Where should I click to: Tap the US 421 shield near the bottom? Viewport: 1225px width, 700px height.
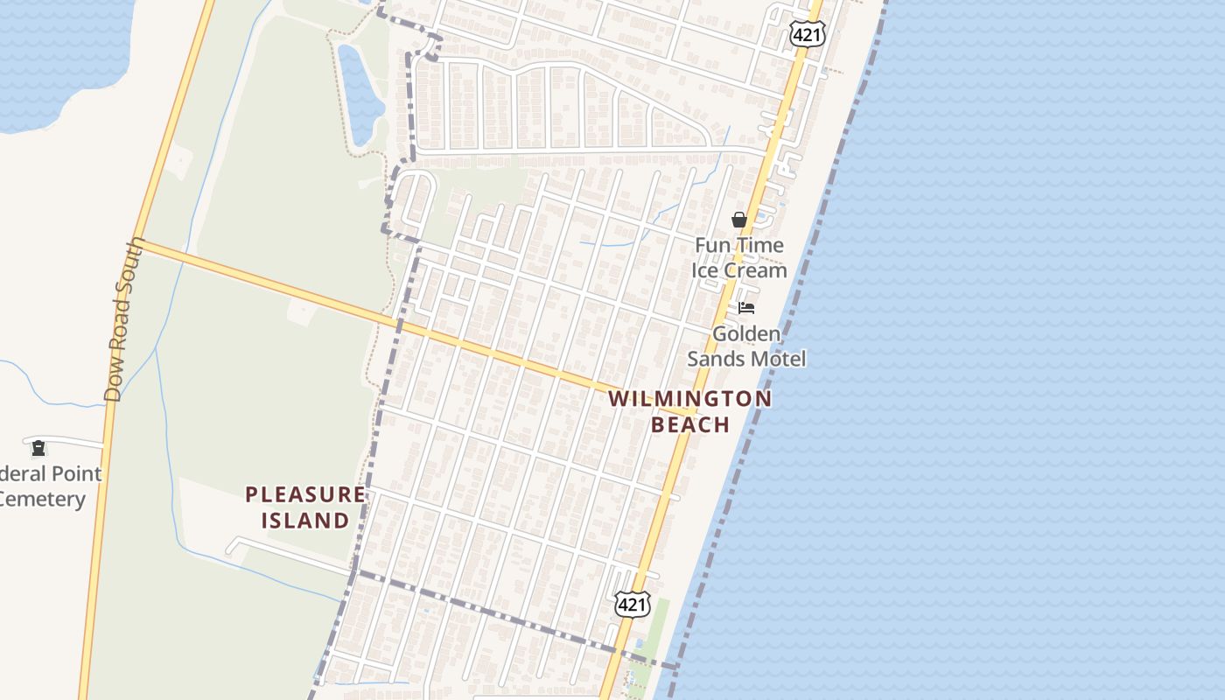[633, 604]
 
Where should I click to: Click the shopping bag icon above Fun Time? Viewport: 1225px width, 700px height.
[739, 220]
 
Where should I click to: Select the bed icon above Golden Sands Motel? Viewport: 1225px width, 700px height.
[746, 307]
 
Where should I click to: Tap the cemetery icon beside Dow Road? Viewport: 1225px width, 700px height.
[38, 449]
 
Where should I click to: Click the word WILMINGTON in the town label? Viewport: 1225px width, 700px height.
[689, 399]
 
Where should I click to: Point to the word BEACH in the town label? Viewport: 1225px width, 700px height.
[690, 425]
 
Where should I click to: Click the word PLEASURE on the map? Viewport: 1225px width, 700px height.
[305, 494]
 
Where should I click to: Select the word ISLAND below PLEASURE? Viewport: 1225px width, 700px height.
[305, 521]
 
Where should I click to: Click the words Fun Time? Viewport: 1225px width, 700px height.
[739, 245]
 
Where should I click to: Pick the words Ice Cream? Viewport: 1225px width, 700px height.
[739, 270]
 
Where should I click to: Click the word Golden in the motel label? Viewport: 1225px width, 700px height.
[745, 333]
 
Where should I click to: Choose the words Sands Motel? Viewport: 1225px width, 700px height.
[745, 359]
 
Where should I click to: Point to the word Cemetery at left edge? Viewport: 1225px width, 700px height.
[42, 500]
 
